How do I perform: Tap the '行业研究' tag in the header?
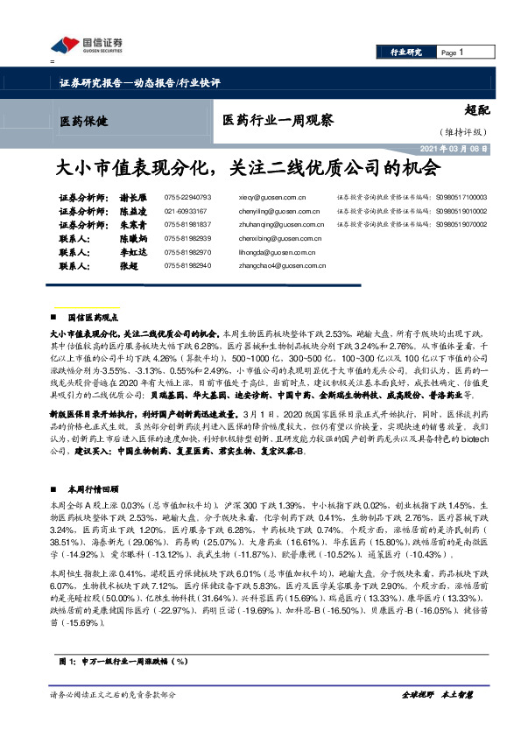tap(405, 53)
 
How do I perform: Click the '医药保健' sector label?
tap(86, 122)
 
